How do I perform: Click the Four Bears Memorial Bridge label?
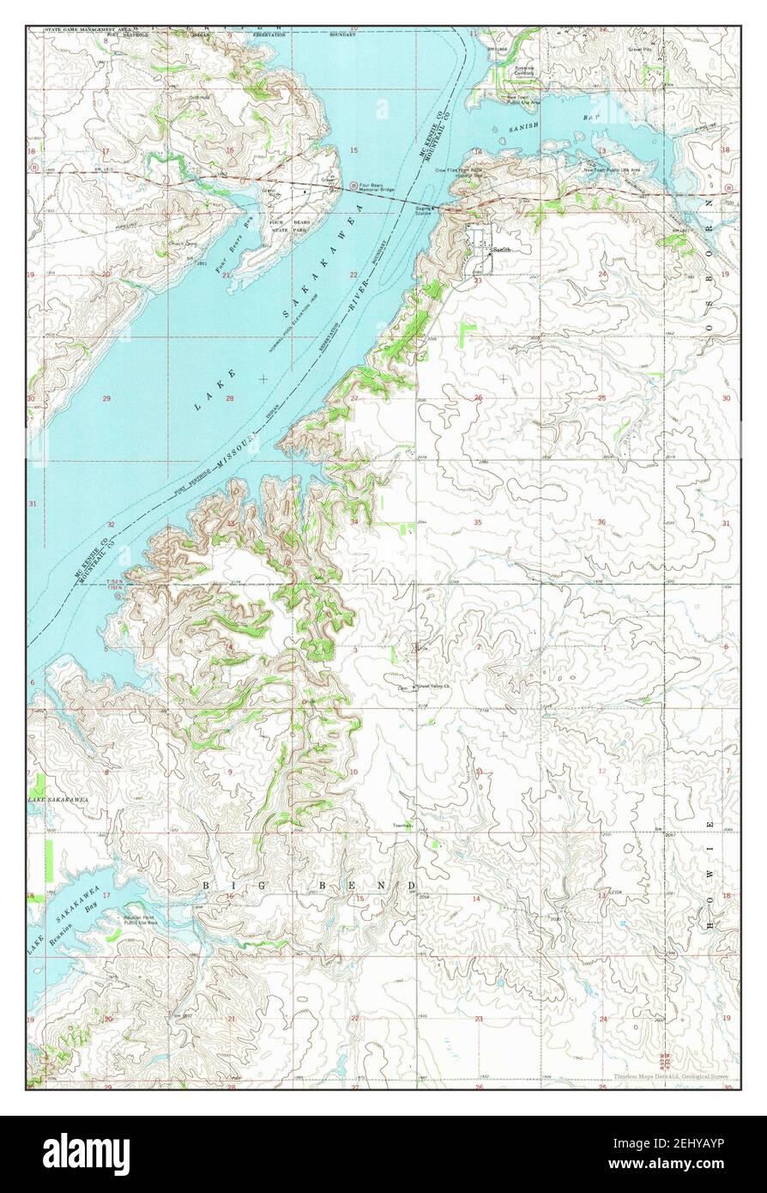click(x=378, y=188)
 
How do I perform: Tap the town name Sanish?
click(x=502, y=249)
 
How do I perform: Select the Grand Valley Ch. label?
click(x=433, y=687)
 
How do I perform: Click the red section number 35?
click(x=477, y=522)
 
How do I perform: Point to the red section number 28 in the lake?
click(x=230, y=398)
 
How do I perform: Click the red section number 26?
click(x=478, y=397)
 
